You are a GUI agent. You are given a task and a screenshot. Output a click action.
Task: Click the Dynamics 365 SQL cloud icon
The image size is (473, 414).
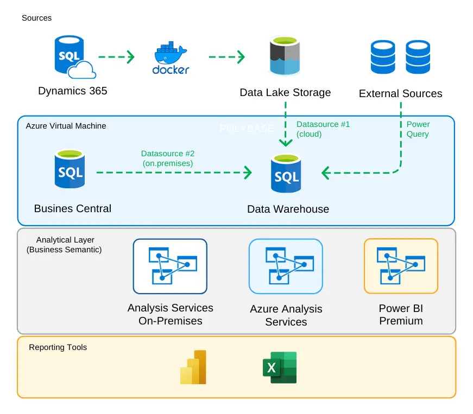pos(72,56)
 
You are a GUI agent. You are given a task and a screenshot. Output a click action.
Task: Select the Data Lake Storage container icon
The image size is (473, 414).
pos(285,56)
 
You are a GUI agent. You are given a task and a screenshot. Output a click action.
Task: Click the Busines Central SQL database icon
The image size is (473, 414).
pos(70,169)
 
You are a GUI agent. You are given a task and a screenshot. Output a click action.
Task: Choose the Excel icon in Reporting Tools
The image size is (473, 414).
pos(280,367)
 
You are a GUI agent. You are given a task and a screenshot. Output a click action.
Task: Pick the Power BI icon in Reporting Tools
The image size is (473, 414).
pos(193,367)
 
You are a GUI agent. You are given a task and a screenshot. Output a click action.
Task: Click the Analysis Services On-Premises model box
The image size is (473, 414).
pos(170,266)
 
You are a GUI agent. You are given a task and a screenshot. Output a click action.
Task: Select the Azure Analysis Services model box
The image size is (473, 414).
pos(286,266)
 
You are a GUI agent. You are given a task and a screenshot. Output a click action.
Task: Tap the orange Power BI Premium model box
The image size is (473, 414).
pos(401,266)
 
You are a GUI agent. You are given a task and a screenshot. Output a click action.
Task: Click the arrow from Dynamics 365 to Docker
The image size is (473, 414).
pos(116,56)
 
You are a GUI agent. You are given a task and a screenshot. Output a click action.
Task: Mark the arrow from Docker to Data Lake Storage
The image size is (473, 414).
pos(226,56)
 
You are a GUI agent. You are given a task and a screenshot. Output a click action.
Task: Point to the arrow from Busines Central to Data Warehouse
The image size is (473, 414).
pos(174,173)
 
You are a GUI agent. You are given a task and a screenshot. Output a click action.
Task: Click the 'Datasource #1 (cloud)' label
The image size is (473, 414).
pos(323,129)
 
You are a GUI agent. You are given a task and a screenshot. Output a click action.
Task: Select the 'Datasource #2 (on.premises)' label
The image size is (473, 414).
pos(168,158)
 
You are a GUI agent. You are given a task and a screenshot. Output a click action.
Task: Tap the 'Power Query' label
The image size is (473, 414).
pos(418,129)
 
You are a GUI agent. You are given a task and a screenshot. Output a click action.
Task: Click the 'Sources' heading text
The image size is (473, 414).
pos(37,18)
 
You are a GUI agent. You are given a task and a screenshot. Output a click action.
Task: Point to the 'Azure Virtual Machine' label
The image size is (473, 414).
pos(66,126)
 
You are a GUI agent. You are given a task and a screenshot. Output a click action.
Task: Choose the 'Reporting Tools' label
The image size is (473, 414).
pos(58,347)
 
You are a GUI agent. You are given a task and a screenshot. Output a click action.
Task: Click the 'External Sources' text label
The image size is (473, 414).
pos(400,94)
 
